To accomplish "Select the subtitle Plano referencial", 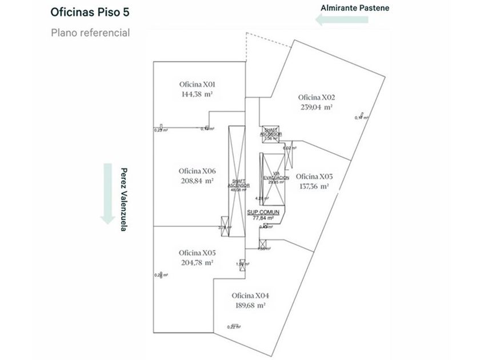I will pyautogui.click(x=90, y=33).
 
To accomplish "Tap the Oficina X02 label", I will pyautogui.click(x=316, y=97).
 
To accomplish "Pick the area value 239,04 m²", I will pyautogui.click(x=316, y=106).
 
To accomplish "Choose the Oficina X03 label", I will pyautogui.click(x=314, y=176).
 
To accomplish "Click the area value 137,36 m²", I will pyautogui.click(x=314, y=186).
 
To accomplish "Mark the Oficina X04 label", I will pyautogui.click(x=250, y=296).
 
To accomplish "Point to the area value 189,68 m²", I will pyautogui.click(x=250, y=306).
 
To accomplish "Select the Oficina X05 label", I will pyautogui.click(x=197, y=253).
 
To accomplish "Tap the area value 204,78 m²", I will pyautogui.click(x=197, y=262).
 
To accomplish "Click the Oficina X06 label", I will pyautogui.click(x=197, y=171).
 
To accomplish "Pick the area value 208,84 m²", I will pyautogui.click(x=197, y=181).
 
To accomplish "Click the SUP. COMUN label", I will pyautogui.click(x=263, y=212).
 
